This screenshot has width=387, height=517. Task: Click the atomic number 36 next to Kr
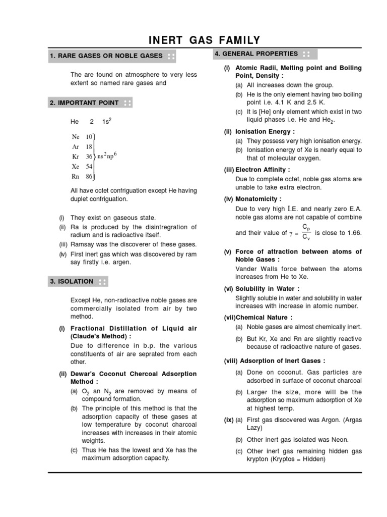[x=89, y=157]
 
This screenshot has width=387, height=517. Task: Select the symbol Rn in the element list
[x=76, y=176]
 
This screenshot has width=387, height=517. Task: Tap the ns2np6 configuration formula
[x=107, y=156]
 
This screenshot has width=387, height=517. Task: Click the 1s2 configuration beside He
[x=107, y=122]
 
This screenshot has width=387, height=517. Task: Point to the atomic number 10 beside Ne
[x=89, y=137]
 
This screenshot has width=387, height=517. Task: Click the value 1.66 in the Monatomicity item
[x=353, y=233]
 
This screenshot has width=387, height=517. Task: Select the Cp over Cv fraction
[x=306, y=233]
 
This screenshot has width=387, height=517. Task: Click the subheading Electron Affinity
[x=263, y=170]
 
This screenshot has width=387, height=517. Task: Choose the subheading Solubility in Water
[x=268, y=288]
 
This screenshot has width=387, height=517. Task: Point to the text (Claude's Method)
[x=101, y=336]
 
